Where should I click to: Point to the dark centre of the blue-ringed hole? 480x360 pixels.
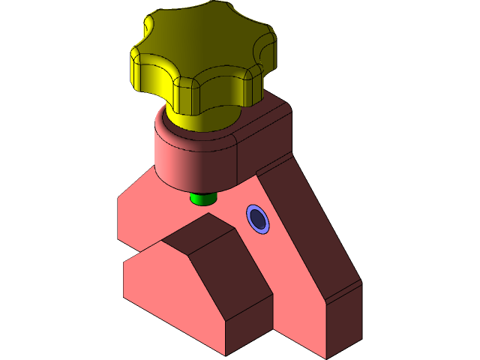tap(259, 219)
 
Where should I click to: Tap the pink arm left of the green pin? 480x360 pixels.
tap(150, 210)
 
